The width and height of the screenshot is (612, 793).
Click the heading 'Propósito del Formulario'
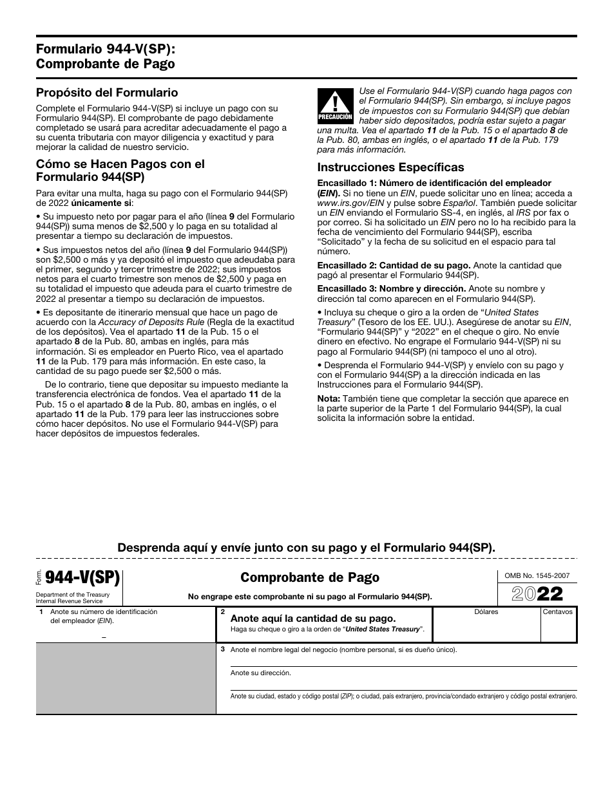(x=107, y=93)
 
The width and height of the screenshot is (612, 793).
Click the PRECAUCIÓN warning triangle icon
(x=335, y=104)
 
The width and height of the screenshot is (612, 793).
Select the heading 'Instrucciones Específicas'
(x=390, y=167)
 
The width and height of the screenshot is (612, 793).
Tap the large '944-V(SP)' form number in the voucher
(x=82, y=577)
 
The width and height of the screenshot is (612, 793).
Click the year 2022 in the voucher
(x=536, y=593)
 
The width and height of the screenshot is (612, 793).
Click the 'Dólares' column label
(x=486, y=611)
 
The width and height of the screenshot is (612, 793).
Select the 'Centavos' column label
(x=557, y=611)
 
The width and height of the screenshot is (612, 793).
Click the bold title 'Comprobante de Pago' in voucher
(x=310, y=577)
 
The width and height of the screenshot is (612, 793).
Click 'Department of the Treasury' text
(x=73, y=595)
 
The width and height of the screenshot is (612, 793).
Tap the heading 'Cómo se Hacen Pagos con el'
(x=120, y=164)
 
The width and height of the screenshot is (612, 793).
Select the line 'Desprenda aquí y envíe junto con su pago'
(x=306, y=548)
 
